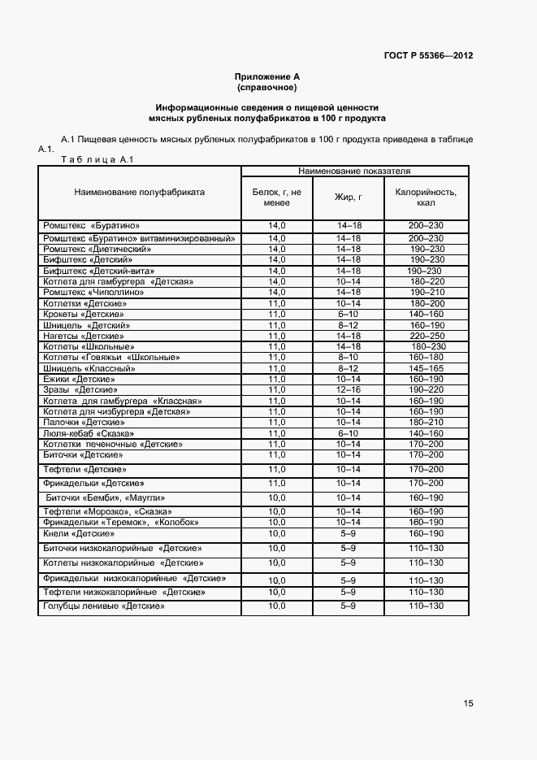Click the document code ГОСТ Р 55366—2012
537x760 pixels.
[x=428, y=56]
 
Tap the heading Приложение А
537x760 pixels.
[x=266, y=76]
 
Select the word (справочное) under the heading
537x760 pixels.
[x=266, y=86]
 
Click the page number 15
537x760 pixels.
[x=468, y=703]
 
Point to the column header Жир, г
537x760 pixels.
[x=348, y=198]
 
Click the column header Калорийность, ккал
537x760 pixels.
[x=426, y=198]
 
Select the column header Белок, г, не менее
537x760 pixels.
[x=277, y=198]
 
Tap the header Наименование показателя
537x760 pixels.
[x=353, y=172]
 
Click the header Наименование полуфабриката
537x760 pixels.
[x=139, y=193]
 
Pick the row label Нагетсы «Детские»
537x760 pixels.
[x=84, y=336]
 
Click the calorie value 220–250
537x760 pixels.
[x=427, y=336]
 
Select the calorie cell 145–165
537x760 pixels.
[x=427, y=368]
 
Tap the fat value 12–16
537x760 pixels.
[x=348, y=390]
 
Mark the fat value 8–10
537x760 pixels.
[x=348, y=358]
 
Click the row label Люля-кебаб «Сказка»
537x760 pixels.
[x=89, y=434]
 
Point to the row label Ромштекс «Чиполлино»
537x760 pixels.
[x=93, y=292]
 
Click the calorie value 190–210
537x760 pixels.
[x=427, y=292]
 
